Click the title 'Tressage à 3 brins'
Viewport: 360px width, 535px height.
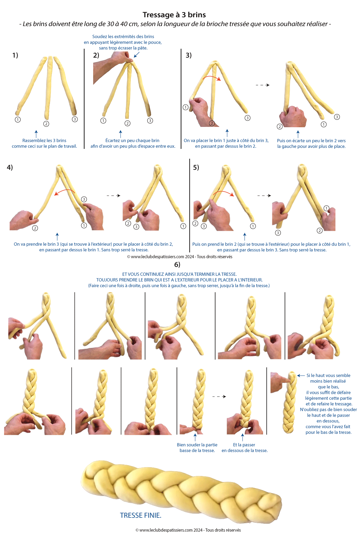pos(174,15)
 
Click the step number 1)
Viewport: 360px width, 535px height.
pos(15,55)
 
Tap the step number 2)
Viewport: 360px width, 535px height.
pos(96,55)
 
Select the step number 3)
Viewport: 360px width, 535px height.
pos(189,55)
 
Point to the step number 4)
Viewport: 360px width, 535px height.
pos(10,167)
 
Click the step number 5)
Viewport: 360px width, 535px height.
pos(196,168)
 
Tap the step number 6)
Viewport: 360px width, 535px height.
pos(177,264)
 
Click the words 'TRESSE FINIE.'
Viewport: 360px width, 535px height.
pos(141,515)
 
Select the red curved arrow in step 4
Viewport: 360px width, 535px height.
pos(65,191)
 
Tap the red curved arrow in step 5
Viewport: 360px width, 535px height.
pos(224,192)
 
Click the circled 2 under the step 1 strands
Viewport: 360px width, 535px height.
pos(46,124)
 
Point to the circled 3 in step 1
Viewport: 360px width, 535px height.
pos(75,119)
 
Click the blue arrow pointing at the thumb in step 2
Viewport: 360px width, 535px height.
pos(136,55)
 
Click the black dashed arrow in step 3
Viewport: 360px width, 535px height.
pos(263,85)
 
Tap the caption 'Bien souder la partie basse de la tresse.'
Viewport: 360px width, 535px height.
pos(197,448)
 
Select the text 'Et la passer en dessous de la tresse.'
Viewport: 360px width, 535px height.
pos(245,448)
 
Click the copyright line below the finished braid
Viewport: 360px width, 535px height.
pos(188,530)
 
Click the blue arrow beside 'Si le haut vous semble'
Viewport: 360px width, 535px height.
pos(301,376)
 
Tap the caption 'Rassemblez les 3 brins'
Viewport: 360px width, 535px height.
pos(44,140)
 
